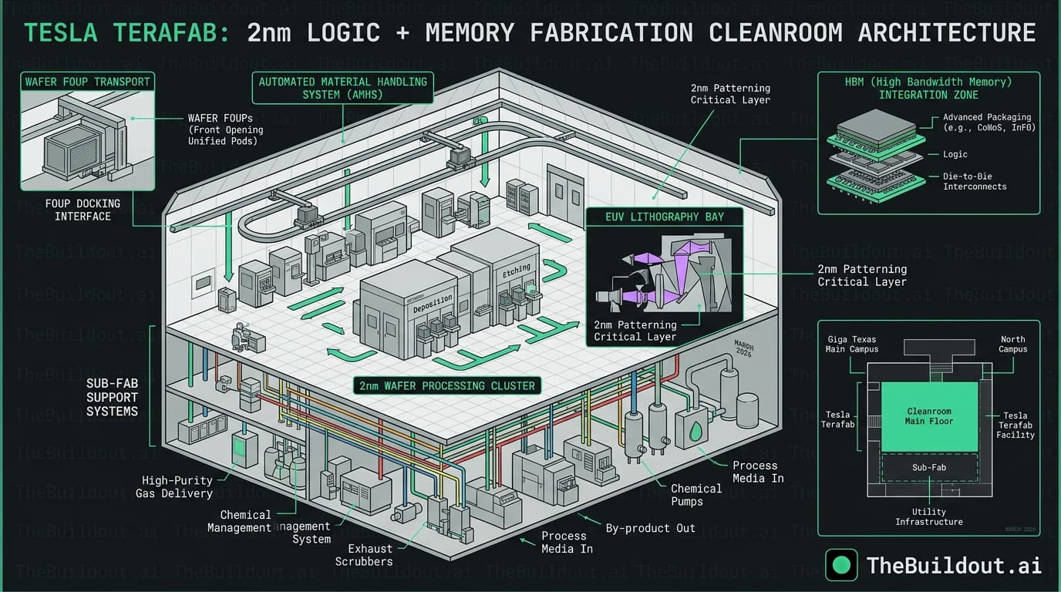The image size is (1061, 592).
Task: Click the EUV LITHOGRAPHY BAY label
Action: [664, 217]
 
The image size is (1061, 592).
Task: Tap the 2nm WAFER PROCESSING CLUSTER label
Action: [447, 385]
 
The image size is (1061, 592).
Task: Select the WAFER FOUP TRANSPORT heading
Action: [88, 82]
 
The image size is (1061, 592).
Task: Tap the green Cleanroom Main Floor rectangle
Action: [929, 416]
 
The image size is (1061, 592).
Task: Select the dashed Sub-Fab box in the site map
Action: [929, 467]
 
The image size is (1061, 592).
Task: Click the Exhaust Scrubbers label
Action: [364, 555]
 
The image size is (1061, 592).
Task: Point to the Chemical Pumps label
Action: [696, 495]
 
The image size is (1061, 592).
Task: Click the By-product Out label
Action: [650, 528]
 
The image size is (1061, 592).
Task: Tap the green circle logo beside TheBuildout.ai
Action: [842, 565]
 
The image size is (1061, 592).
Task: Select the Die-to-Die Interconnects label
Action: [975, 181]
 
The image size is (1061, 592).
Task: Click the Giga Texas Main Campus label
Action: [852, 345]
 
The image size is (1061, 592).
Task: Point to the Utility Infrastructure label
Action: [928, 516]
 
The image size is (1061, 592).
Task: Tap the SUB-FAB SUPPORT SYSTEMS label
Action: [113, 396]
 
